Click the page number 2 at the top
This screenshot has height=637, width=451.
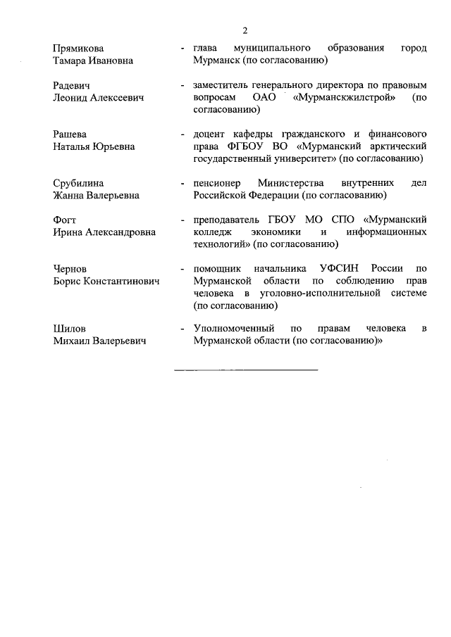tap(245, 30)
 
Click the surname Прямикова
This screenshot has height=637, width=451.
tap(78, 49)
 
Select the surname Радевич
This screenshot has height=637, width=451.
tap(73, 85)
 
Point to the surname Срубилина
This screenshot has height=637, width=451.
tap(79, 183)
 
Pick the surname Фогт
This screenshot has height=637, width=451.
tap(66, 220)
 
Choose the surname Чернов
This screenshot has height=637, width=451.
tap(70, 269)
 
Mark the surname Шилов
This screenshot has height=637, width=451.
tap(69, 329)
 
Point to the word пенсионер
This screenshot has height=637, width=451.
tap(217, 183)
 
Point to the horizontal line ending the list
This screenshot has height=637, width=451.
tap(246, 369)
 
